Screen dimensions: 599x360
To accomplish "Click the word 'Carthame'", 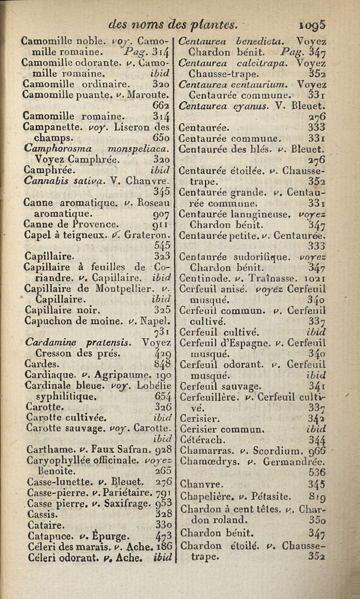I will coord(43,448).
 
